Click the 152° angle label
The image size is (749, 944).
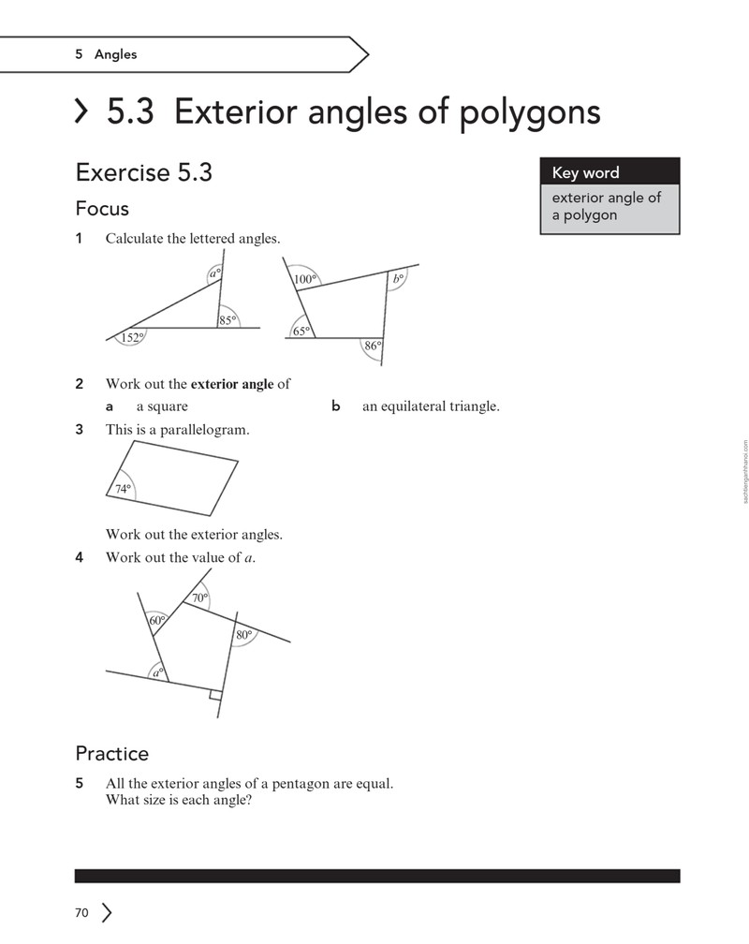(132, 338)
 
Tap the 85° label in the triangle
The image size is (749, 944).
(227, 320)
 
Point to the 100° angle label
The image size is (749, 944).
(305, 279)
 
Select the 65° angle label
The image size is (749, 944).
(301, 332)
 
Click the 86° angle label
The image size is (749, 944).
(373, 346)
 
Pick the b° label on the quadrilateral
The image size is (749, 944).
(398, 279)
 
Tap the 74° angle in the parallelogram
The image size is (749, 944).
(123, 489)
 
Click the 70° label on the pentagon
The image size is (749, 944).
(200, 597)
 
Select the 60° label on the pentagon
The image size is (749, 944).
(156, 621)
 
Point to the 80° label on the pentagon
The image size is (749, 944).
(243, 635)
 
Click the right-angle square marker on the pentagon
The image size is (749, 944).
(215, 695)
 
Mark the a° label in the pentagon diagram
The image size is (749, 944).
(157, 672)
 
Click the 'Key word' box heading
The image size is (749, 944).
(585, 172)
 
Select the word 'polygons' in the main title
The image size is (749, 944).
(530, 112)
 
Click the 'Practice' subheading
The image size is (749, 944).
(112, 753)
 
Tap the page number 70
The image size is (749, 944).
(81, 913)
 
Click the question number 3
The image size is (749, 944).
(79, 429)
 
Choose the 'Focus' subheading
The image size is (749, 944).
(102, 208)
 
